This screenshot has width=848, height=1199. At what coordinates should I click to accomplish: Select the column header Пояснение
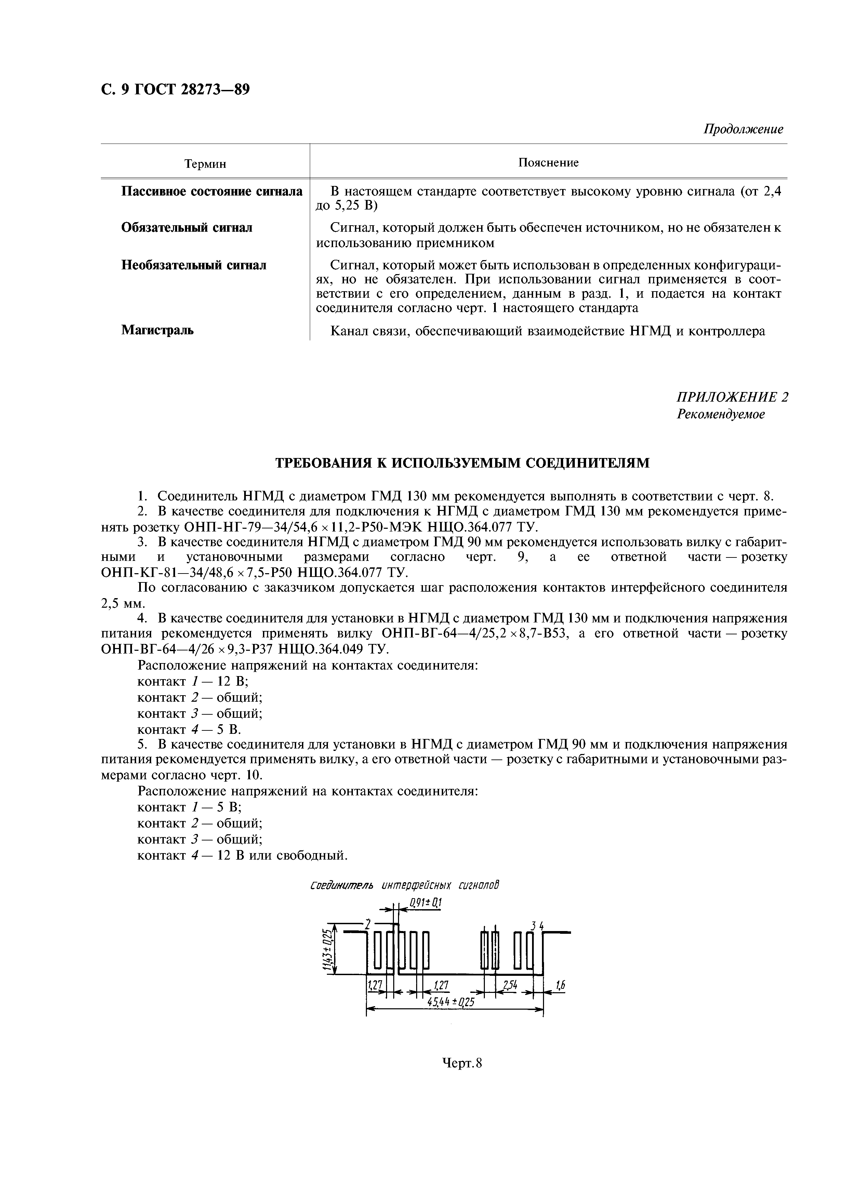pyautogui.click(x=548, y=162)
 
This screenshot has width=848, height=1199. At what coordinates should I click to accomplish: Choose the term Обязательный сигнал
pyautogui.click(x=187, y=228)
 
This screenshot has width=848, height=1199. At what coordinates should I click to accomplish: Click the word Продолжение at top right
pyautogui.click(x=743, y=129)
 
